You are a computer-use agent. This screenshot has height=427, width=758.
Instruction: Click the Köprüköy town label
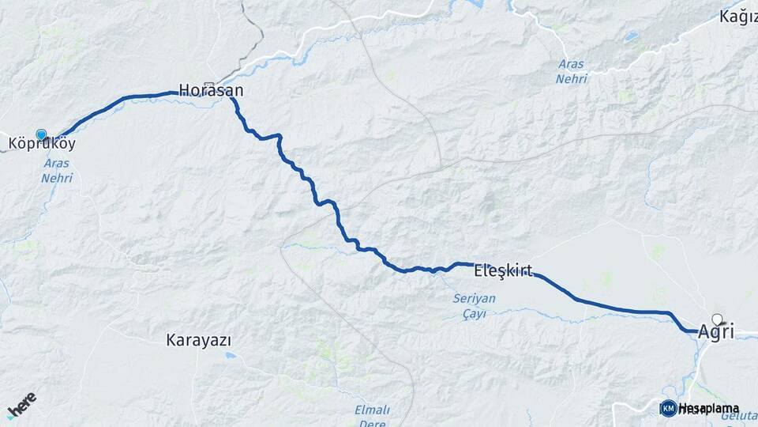pyautogui.click(x=42, y=145)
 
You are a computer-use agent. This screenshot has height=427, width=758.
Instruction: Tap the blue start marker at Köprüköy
pyautogui.click(x=41, y=135)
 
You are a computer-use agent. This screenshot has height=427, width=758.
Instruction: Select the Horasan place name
pyautogui.click(x=211, y=91)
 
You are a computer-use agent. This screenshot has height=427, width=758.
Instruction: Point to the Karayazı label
pyautogui.click(x=198, y=340)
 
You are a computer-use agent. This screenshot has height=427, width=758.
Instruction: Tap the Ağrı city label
pyautogui.click(x=716, y=333)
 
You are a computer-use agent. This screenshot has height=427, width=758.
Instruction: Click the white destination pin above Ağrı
pyautogui.click(x=717, y=319)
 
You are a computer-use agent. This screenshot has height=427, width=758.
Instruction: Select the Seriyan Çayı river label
pyautogui.click(x=475, y=305)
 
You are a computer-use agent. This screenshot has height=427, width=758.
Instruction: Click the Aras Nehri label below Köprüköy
pyautogui.click(x=57, y=171)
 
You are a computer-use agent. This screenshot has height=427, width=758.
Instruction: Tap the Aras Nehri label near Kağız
pyautogui.click(x=572, y=71)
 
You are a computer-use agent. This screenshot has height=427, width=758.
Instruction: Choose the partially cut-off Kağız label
pyautogui.click(x=738, y=16)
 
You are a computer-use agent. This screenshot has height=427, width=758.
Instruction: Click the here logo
pyautogui.click(x=21, y=404)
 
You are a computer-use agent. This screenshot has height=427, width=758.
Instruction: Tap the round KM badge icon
pyautogui.click(x=668, y=408)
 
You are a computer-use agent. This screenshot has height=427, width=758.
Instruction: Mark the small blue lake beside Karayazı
pyautogui.click(x=230, y=356)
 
